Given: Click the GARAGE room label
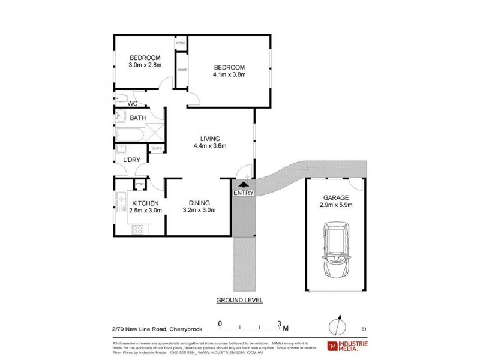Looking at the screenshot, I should pyautogui.click(x=335, y=197).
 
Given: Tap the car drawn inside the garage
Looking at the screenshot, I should pyautogui.click(x=335, y=250).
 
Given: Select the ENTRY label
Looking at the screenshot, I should pyautogui.click(x=244, y=193).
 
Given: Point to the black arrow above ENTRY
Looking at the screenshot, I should pyautogui.click(x=244, y=185).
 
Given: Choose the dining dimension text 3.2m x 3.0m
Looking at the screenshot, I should pyautogui.click(x=199, y=210).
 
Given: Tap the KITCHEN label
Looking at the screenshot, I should pyautogui.click(x=145, y=203).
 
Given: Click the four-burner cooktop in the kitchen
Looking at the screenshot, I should pyautogui.click(x=137, y=229).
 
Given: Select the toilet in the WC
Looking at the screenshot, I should pyautogui.click(x=121, y=98).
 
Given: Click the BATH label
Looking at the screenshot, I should pyautogui.click(x=138, y=118).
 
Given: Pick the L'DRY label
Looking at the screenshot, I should pyautogui.click(x=131, y=160).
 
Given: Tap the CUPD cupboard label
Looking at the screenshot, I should pyautogui.click(x=157, y=148).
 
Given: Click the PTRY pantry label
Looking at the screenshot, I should pyautogui.click(x=139, y=184).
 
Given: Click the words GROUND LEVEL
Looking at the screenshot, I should pyautogui.click(x=239, y=300).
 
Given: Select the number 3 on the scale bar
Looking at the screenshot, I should pyautogui.click(x=278, y=323).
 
